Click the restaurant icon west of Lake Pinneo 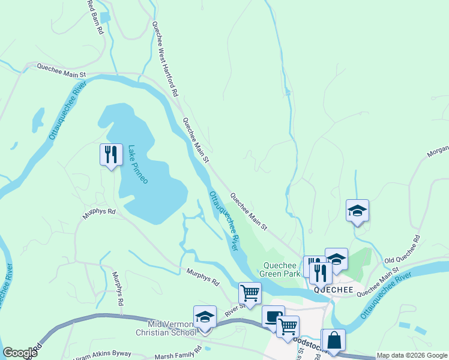pos(111,155)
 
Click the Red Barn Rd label pos(95,16)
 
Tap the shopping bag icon pos(335,340)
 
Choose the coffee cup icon pos(273,317)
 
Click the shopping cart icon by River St pos(250,293)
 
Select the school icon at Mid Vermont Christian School pos(205,317)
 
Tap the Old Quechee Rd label pos(402,253)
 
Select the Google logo pos(20,353)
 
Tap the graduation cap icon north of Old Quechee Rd pos(357,211)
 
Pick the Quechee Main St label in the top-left pos(62,70)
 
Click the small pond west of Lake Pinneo pos(38,118)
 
